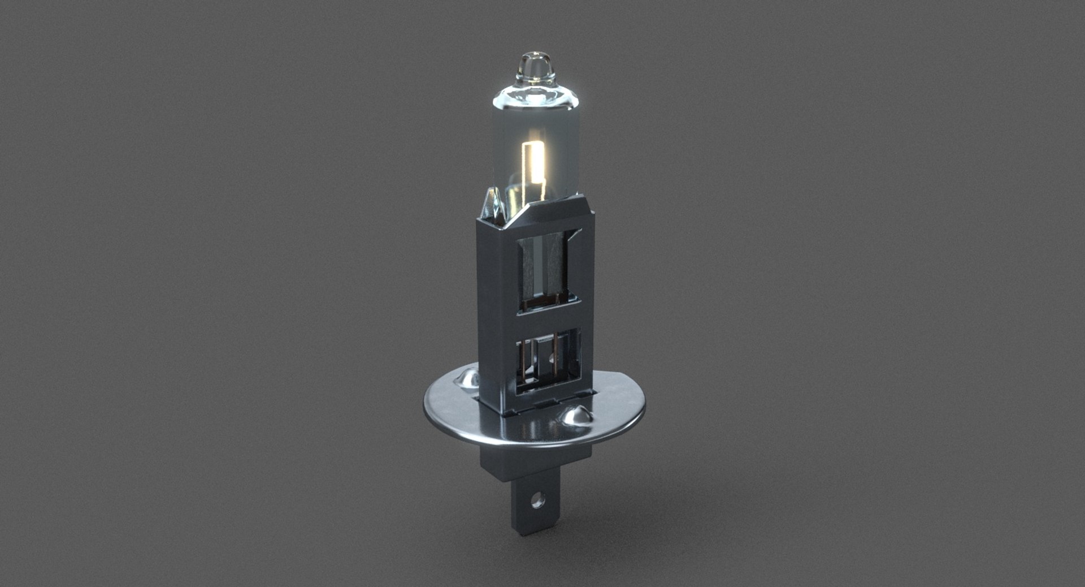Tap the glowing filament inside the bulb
[x=138, y=170]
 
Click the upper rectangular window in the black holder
[x=545, y=269]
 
